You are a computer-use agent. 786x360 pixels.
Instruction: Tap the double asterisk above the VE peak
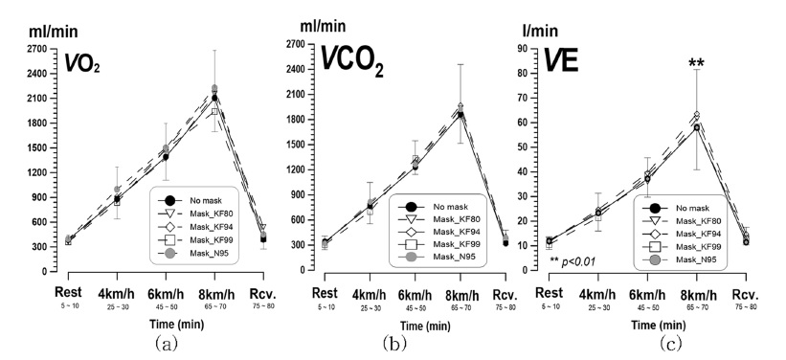(x=697, y=64)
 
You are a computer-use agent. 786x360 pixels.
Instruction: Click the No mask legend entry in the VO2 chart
(x=197, y=199)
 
